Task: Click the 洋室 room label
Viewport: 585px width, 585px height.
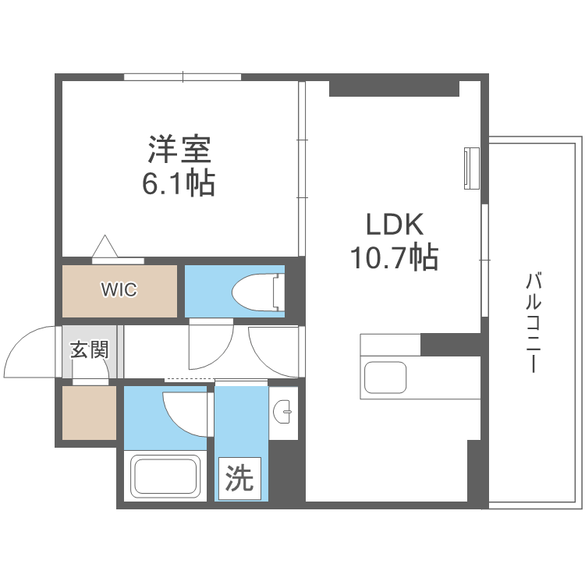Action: click(179, 149)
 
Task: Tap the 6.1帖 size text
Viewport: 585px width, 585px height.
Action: click(179, 183)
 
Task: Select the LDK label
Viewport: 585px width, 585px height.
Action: click(395, 224)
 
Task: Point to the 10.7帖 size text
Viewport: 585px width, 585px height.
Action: click(394, 257)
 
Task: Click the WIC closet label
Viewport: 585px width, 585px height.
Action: click(119, 289)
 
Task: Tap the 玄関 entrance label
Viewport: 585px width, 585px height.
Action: click(90, 349)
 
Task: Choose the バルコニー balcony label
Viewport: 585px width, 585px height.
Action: click(534, 322)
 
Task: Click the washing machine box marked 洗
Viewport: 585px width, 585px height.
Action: click(239, 478)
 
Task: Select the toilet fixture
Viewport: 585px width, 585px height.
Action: click(258, 292)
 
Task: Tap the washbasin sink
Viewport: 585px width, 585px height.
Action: click(283, 412)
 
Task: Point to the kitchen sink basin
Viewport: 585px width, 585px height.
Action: click(385, 378)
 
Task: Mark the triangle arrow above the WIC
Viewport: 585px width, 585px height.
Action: click(105, 246)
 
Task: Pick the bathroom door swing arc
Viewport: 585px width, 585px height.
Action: click(176, 420)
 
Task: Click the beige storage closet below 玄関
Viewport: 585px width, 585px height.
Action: click(89, 413)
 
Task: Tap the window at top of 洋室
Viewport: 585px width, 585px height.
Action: click(183, 77)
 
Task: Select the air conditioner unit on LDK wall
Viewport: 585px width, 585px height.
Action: click(472, 168)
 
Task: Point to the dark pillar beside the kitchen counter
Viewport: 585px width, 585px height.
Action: click(450, 344)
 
